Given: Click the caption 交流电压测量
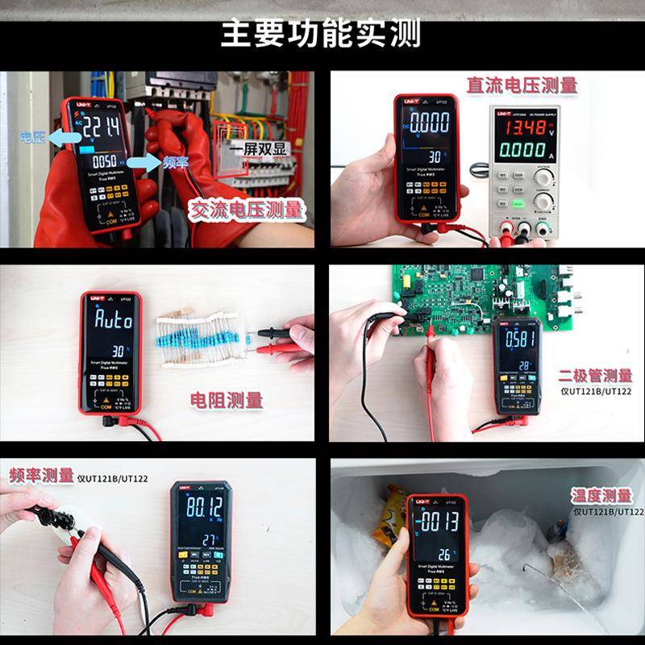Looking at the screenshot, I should tap(247, 210).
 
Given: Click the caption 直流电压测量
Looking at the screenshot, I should tap(522, 85).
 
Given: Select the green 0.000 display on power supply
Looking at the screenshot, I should tap(523, 150).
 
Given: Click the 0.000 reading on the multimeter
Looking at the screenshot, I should tap(428, 123).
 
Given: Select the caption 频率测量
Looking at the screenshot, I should tap(41, 476).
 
